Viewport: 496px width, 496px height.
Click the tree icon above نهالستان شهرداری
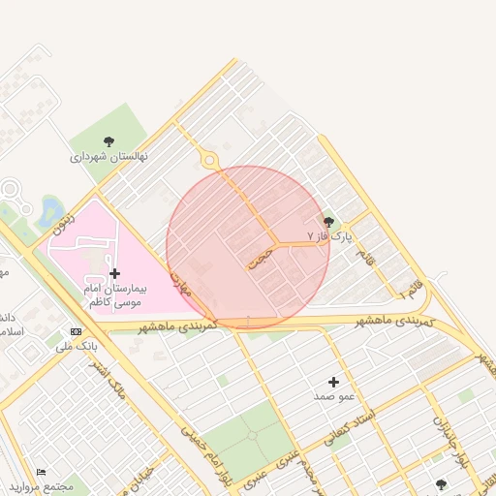(x=108, y=141)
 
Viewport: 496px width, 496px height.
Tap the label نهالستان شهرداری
(x=108, y=156)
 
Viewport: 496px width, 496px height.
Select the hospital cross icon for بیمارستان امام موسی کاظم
(x=115, y=274)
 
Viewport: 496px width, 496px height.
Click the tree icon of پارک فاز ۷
(x=328, y=222)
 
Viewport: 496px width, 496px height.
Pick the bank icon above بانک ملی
(x=77, y=331)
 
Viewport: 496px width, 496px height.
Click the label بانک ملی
(x=76, y=345)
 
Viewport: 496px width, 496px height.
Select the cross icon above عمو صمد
(x=334, y=382)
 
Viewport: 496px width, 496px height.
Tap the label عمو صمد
(x=333, y=396)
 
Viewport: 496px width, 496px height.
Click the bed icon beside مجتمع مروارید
(x=41, y=472)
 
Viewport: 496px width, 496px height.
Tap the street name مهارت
(x=181, y=284)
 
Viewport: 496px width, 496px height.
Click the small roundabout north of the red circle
(x=208, y=160)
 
